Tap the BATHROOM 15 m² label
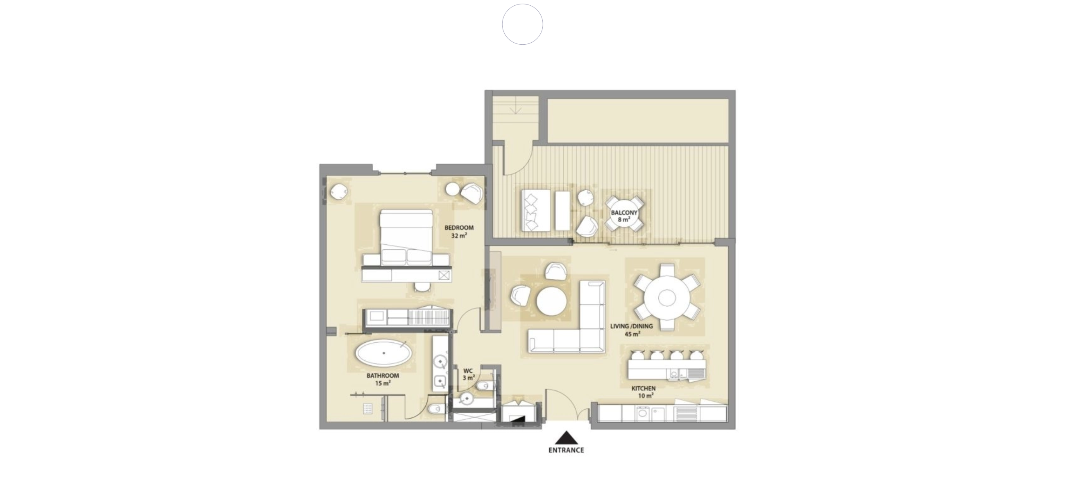pyautogui.click(x=383, y=379)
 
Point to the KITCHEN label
pyautogui.click(x=644, y=388)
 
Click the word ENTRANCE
pyautogui.click(x=566, y=450)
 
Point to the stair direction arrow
pyautogui.click(x=516, y=109)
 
